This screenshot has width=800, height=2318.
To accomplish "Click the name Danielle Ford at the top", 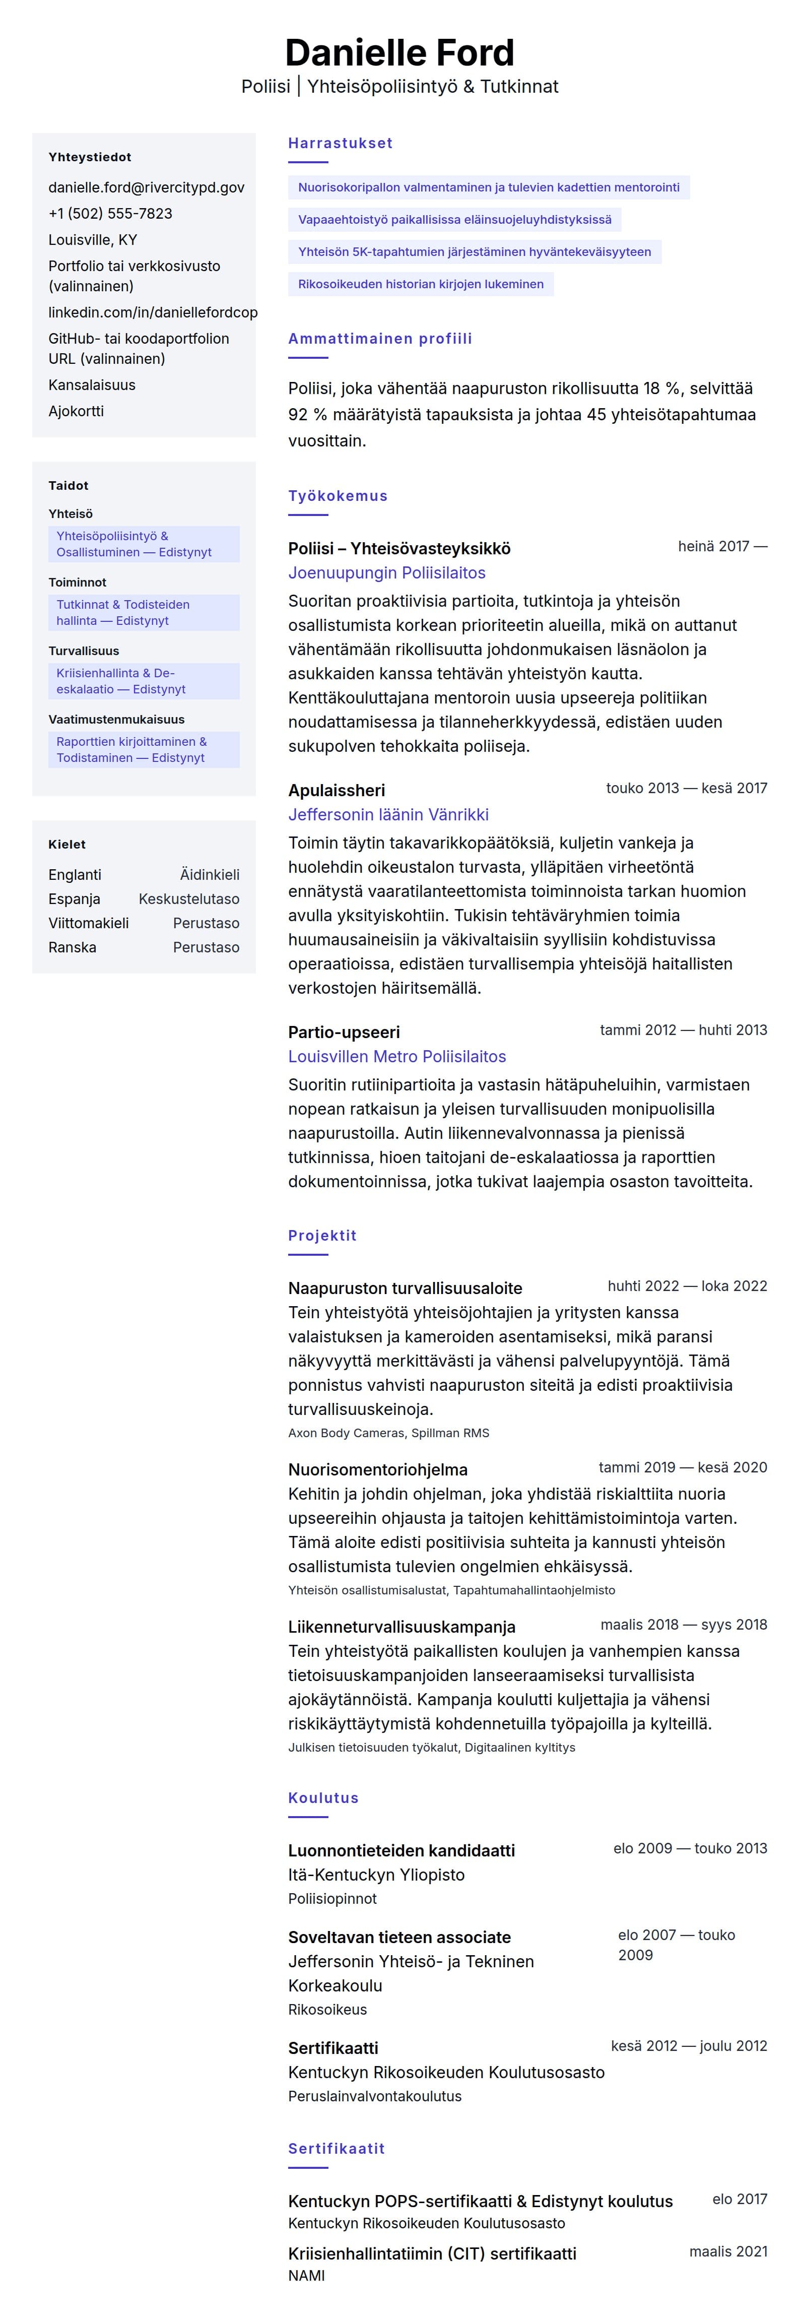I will [399, 53].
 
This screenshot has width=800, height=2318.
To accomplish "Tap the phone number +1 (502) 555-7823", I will [110, 213].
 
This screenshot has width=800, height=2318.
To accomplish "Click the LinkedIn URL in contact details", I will [152, 312].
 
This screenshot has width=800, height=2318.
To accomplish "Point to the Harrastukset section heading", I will [340, 143].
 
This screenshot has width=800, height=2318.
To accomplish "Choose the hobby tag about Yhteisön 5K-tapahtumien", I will [474, 252].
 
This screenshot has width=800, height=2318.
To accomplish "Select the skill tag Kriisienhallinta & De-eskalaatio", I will [120, 681].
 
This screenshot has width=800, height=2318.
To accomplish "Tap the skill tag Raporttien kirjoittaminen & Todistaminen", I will [131, 750].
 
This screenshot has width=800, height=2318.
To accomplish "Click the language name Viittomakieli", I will [88, 923].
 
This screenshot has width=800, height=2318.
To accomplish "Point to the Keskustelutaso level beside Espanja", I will [189, 899].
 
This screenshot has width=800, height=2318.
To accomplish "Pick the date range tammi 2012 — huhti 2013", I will [683, 1031].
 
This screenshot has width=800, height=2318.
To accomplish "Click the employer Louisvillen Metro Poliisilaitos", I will [397, 1056].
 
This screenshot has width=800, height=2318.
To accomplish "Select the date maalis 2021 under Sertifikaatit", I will [728, 2251].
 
